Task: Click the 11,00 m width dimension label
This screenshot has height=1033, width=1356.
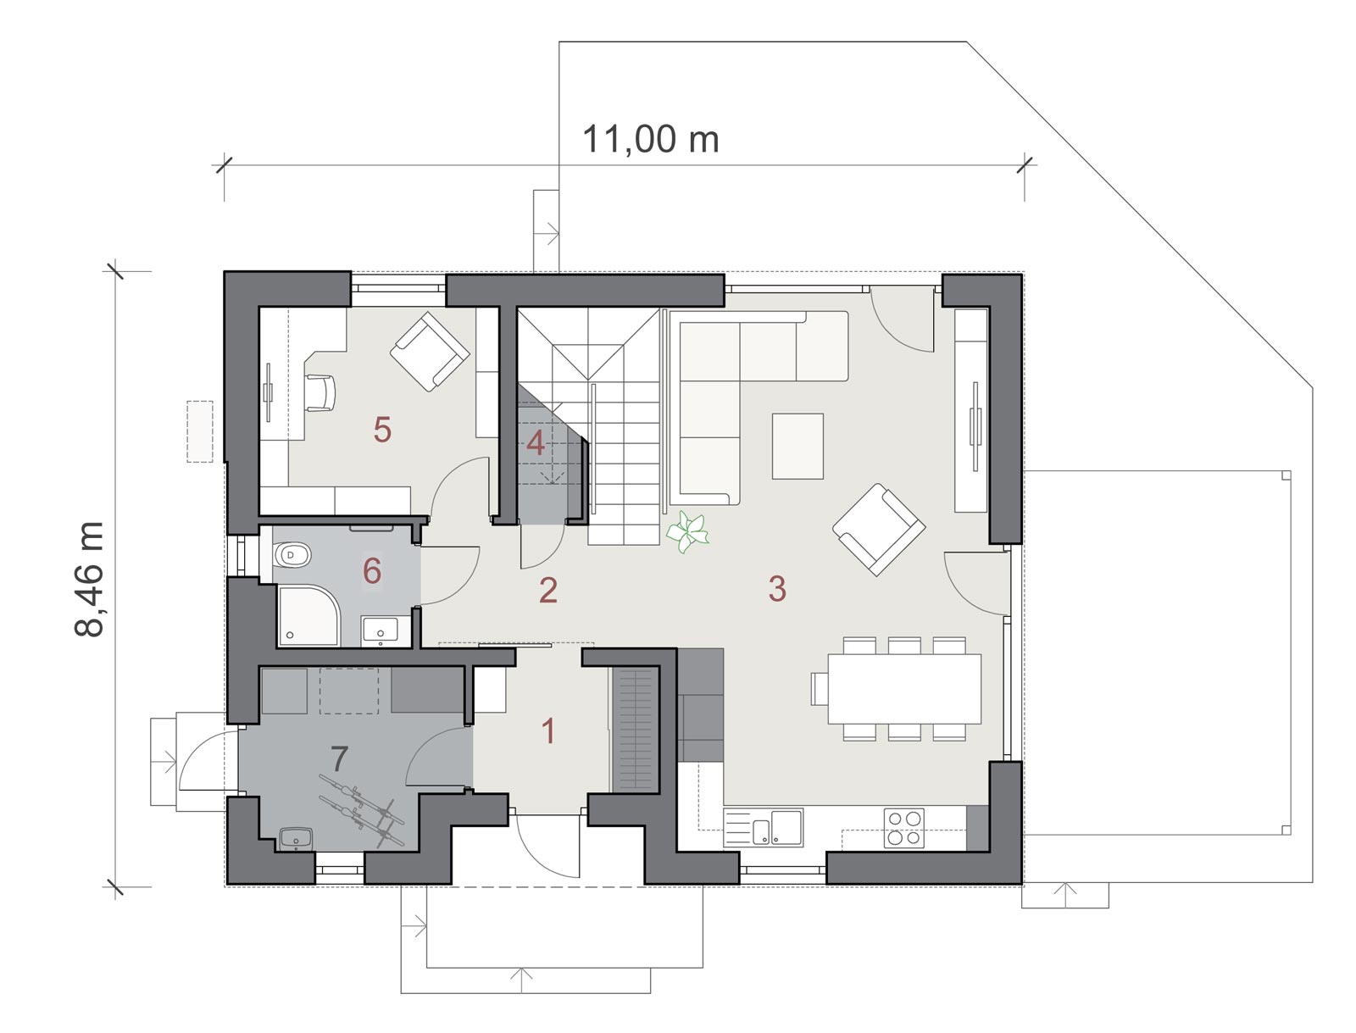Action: coord(651,139)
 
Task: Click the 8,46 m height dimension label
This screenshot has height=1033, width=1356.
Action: coord(89,579)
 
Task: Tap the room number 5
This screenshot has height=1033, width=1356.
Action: coord(382,430)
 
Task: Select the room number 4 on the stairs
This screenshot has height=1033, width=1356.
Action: coord(535,442)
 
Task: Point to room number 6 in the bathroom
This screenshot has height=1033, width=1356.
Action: coord(372,571)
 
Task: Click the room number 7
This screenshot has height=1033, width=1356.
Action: coord(339,758)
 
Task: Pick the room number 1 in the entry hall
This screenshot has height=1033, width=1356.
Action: coord(548,731)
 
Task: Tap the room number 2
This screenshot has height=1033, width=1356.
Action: coord(548,591)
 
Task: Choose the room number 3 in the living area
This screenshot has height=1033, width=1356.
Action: coord(777,588)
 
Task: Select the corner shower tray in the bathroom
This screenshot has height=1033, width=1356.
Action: coord(308,615)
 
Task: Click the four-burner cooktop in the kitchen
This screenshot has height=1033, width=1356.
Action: coord(903,828)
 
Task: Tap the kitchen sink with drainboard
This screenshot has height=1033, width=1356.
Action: coord(763,827)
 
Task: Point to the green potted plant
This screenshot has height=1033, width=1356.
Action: coord(687,531)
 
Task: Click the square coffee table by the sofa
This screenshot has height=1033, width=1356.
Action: coord(797,446)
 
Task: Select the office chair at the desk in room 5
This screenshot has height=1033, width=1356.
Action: coord(320,392)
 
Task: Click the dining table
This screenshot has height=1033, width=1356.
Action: coord(904,688)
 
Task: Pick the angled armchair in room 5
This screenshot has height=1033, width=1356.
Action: coord(430,352)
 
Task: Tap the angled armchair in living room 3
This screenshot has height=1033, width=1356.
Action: coord(879,530)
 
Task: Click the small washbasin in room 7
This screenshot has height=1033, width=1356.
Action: coord(296,839)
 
